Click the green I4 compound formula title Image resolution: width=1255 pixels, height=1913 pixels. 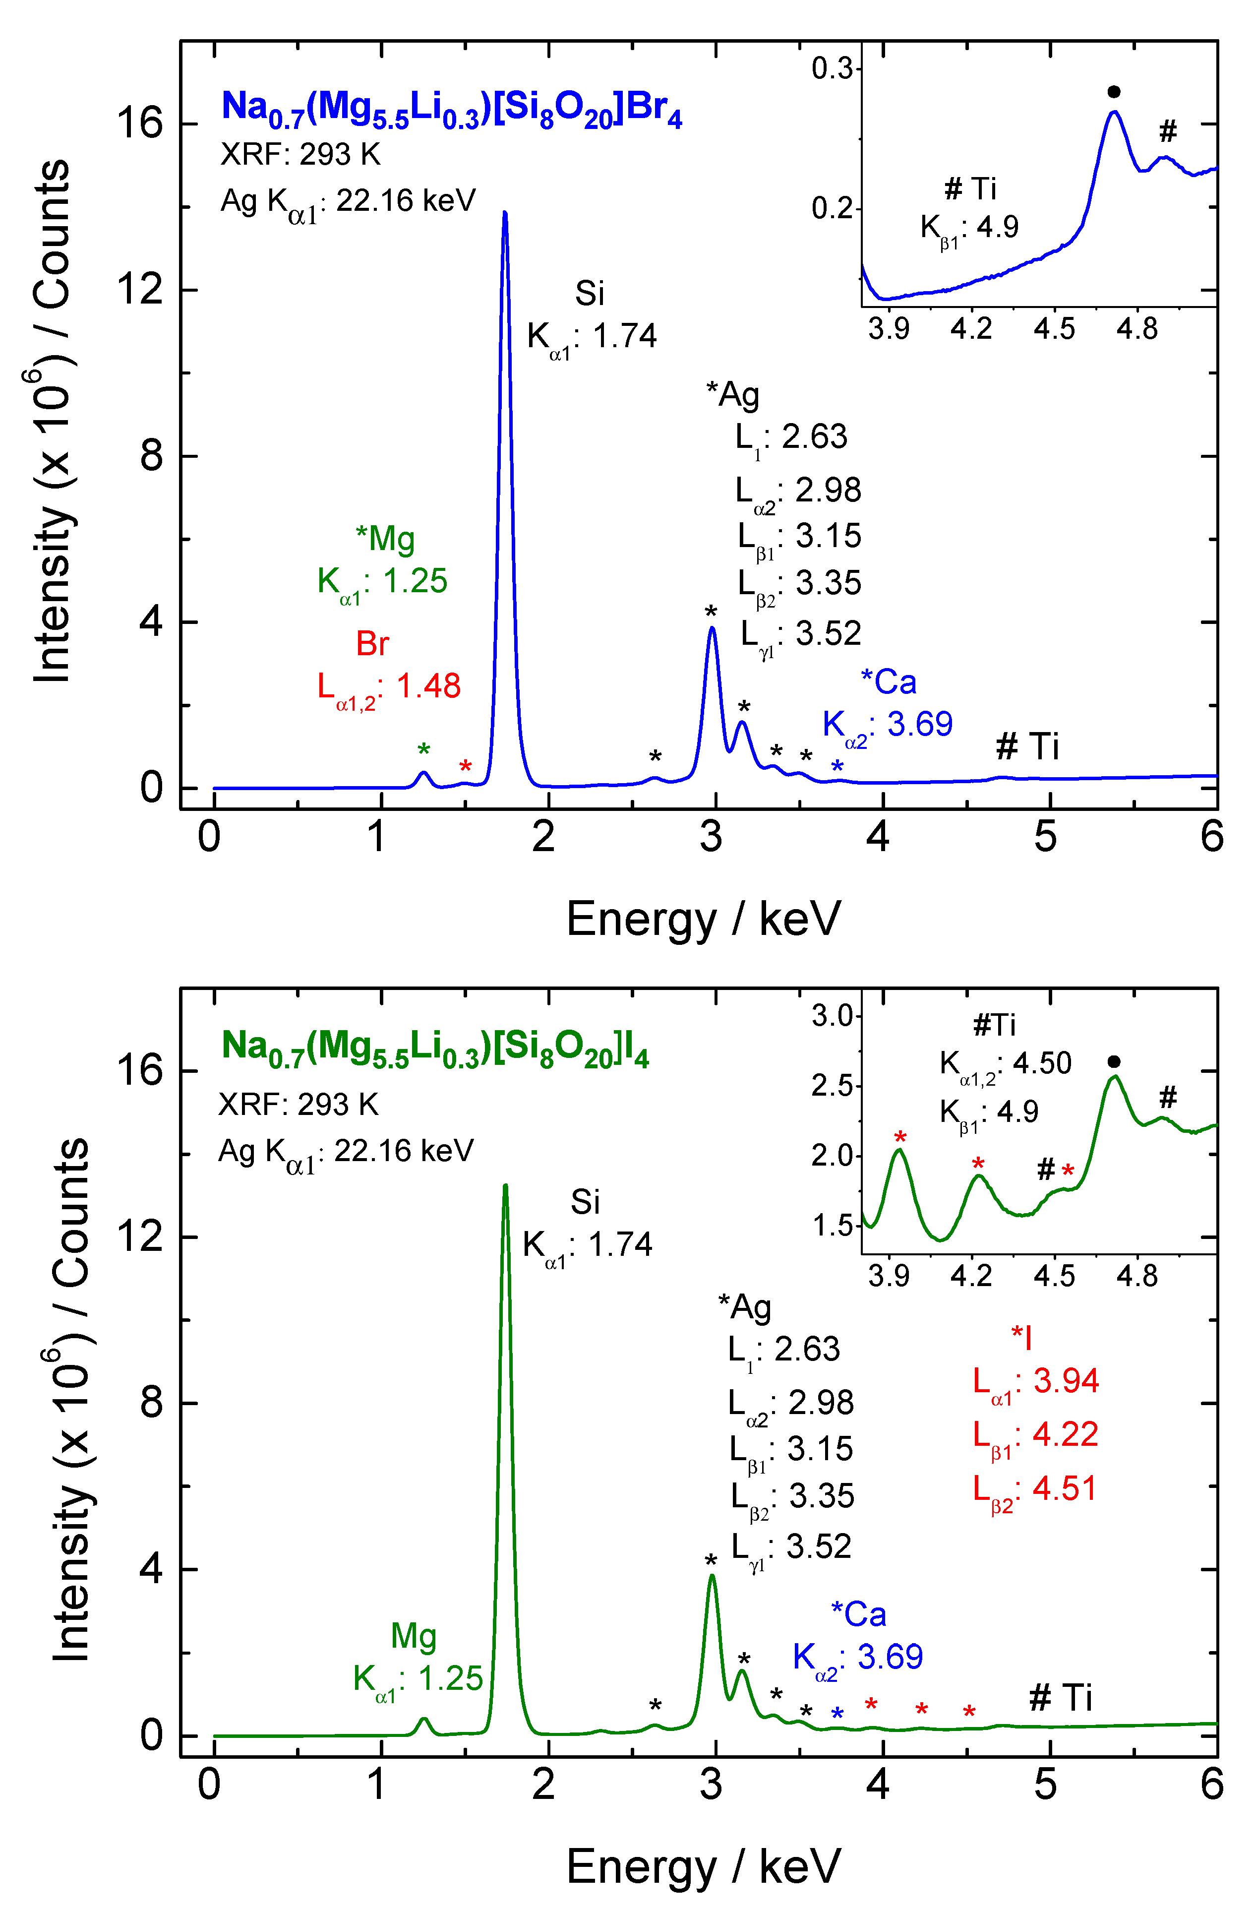435,1048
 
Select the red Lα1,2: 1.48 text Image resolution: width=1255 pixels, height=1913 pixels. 389,688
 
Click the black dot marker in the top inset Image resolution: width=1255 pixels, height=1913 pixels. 1114,92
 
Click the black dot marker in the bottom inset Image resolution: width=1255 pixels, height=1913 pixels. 1114,1062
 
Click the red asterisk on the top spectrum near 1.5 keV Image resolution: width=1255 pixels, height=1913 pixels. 465,766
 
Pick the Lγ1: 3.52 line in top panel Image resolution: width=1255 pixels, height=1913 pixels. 800,635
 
